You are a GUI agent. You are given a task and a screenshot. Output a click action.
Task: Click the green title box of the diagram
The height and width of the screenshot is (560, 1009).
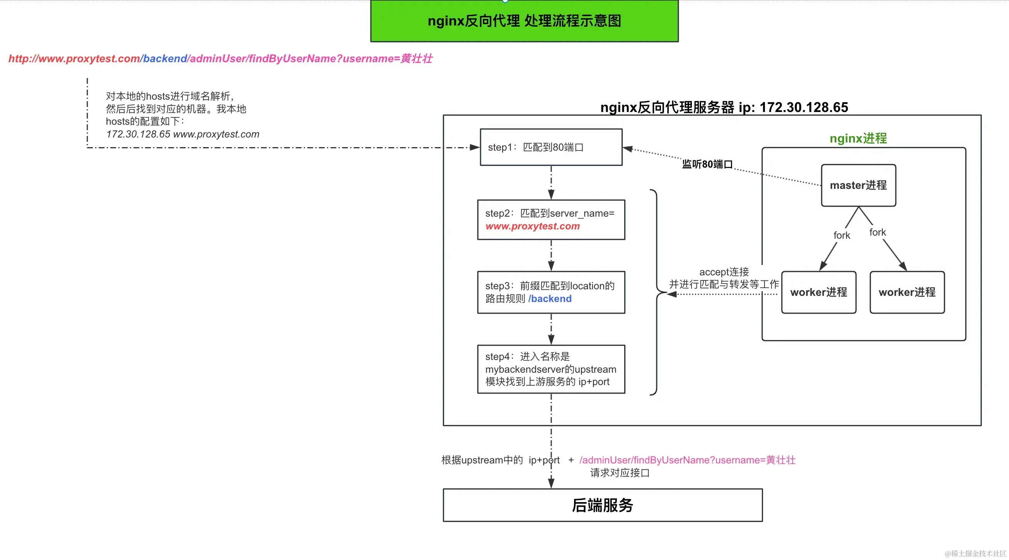(x=524, y=21)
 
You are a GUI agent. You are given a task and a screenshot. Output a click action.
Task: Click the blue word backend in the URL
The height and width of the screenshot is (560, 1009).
(x=165, y=59)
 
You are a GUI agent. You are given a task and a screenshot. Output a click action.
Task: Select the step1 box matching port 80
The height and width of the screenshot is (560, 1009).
(x=551, y=147)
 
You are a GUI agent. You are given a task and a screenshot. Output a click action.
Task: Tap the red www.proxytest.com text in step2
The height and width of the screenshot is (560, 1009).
(x=532, y=226)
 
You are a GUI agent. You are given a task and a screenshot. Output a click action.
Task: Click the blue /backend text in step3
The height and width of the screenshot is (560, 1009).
(x=550, y=299)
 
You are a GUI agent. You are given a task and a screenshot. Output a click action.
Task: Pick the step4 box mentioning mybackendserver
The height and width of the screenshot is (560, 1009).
(x=551, y=369)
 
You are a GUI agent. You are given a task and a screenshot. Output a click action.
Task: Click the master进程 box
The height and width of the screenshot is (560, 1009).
(x=858, y=185)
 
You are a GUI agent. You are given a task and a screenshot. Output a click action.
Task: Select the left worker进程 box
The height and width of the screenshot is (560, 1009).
(x=818, y=292)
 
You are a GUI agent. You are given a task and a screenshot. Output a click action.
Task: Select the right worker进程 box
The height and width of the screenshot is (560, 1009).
(x=907, y=292)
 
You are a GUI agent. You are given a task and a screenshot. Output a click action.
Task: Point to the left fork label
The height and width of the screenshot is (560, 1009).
(x=841, y=235)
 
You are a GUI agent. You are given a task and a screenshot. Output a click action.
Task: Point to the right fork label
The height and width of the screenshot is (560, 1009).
(x=877, y=232)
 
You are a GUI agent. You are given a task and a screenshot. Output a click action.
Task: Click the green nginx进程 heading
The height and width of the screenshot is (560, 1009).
(x=858, y=138)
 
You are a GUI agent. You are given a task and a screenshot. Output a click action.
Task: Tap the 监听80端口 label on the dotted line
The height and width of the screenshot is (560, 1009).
(x=707, y=164)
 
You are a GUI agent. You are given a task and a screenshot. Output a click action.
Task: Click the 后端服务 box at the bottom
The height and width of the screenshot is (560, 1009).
(x=602, y=505)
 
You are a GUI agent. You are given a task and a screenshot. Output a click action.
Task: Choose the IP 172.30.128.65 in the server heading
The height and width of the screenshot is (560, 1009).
(x=804, y=107)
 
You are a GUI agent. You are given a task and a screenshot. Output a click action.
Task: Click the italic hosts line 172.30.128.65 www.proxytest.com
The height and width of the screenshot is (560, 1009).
(x=183, y=134)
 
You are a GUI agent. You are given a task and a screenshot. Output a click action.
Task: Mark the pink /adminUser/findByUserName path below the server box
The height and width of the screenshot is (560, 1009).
(x=687, y=460)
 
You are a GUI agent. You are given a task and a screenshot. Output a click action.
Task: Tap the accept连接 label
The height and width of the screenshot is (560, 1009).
(x=724, y=272)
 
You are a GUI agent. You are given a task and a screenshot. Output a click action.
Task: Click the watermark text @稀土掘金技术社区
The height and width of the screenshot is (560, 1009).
(x=975, y=553)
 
